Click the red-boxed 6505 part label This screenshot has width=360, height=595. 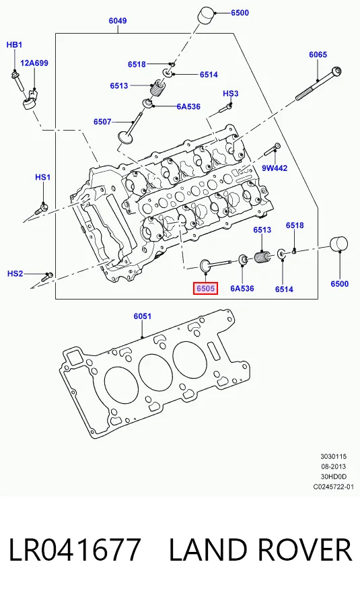coord(205,288)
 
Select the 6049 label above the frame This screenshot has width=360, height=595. coord(118,20)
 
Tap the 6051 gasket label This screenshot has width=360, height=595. coord(142,316)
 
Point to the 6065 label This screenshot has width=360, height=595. coord(318,55)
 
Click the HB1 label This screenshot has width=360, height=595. coord(14,45)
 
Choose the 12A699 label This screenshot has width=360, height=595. coord(34,63)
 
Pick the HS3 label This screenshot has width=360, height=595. coord(231,94)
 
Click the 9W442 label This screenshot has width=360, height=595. coord(275,168)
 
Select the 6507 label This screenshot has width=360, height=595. coord(102,121)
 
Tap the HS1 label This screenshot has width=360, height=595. coord(43,177)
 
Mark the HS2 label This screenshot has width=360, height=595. coord(15,273)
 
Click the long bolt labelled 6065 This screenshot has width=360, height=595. coord(318,84)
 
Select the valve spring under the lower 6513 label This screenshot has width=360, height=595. coord(262,257)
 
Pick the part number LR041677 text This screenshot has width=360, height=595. coord(75,549)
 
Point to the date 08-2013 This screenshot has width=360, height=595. coord(334,466)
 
